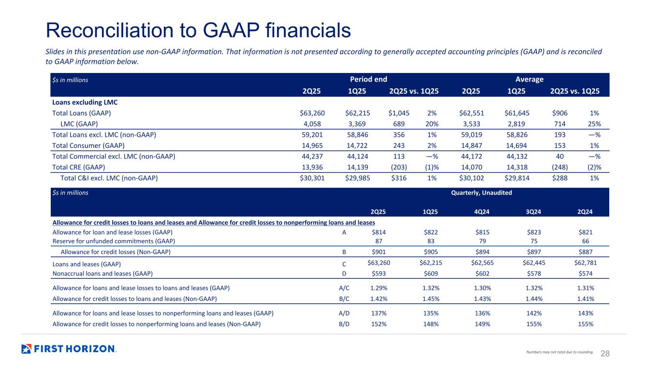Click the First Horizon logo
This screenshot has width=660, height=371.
tap(69, 349)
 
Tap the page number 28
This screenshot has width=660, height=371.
tap(605, 354)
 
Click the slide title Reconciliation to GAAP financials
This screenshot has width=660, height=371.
tap(198, 30)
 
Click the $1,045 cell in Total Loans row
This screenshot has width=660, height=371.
tap(399, 113)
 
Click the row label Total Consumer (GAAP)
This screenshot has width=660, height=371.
tap(88, 145)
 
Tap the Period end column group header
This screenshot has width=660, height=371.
tap(368, 79)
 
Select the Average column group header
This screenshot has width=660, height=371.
tap(529, 79)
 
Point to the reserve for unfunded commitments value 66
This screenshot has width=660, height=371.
tap(585, 241)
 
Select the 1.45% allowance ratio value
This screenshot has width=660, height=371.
tap(430, 299)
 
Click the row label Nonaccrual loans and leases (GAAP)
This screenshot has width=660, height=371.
tap(103, 273)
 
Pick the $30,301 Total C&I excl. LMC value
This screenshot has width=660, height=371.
tap(312, 178)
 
